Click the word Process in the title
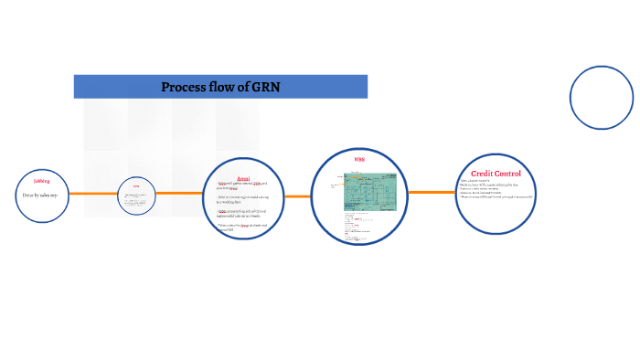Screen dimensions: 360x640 pyautogui.click(x=183, y=87)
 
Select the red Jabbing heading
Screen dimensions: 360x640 pyautogui.click(x=41, y=181)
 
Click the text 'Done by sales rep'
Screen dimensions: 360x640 pyautogui.click(x=40, y=196)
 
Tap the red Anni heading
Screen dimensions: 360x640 pyautogui.click(x=243, y=178)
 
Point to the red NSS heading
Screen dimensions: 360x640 pyautogui.click(x=359, y=161)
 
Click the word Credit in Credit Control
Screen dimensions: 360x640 pyautogui.click(x=482, y=174)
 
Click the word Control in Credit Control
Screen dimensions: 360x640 pyautogui.click(x=509, y=174)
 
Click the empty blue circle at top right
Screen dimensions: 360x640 pyautogui.click(x=601, y=98)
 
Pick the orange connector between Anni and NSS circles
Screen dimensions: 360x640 pyautogui.click(x=298, y=196)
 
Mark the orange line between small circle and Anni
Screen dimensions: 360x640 pyautogui.click(x=180, y=193)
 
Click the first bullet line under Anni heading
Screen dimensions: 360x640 pyautogui.click(x=241, y=185)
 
